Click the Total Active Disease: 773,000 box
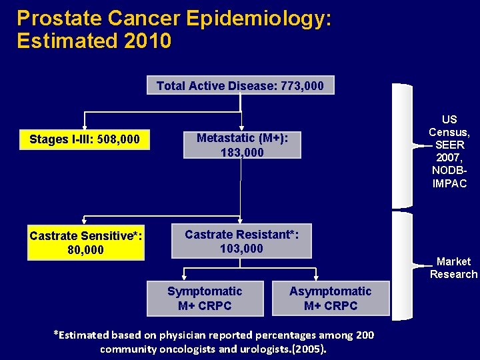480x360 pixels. (x=240, y=85)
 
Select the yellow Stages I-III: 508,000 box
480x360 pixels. (x=85, y=139)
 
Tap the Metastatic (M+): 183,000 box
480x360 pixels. (x=242, y=145)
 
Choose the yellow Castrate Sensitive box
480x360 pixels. (x=86, y=243)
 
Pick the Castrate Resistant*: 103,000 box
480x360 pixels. (x=241, y=241)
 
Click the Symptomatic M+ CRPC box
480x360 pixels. (x=205, y=299)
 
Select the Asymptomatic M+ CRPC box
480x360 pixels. (x=331, y=299)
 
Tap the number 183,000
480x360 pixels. (x=242, y=153)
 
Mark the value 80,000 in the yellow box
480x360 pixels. (x=86, y=250)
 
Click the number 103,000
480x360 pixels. (x=241, y=249)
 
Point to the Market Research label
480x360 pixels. (x=453, y=268)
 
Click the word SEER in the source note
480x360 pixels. (x=450, y=145)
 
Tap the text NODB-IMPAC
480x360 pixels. (x=449, y=177)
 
